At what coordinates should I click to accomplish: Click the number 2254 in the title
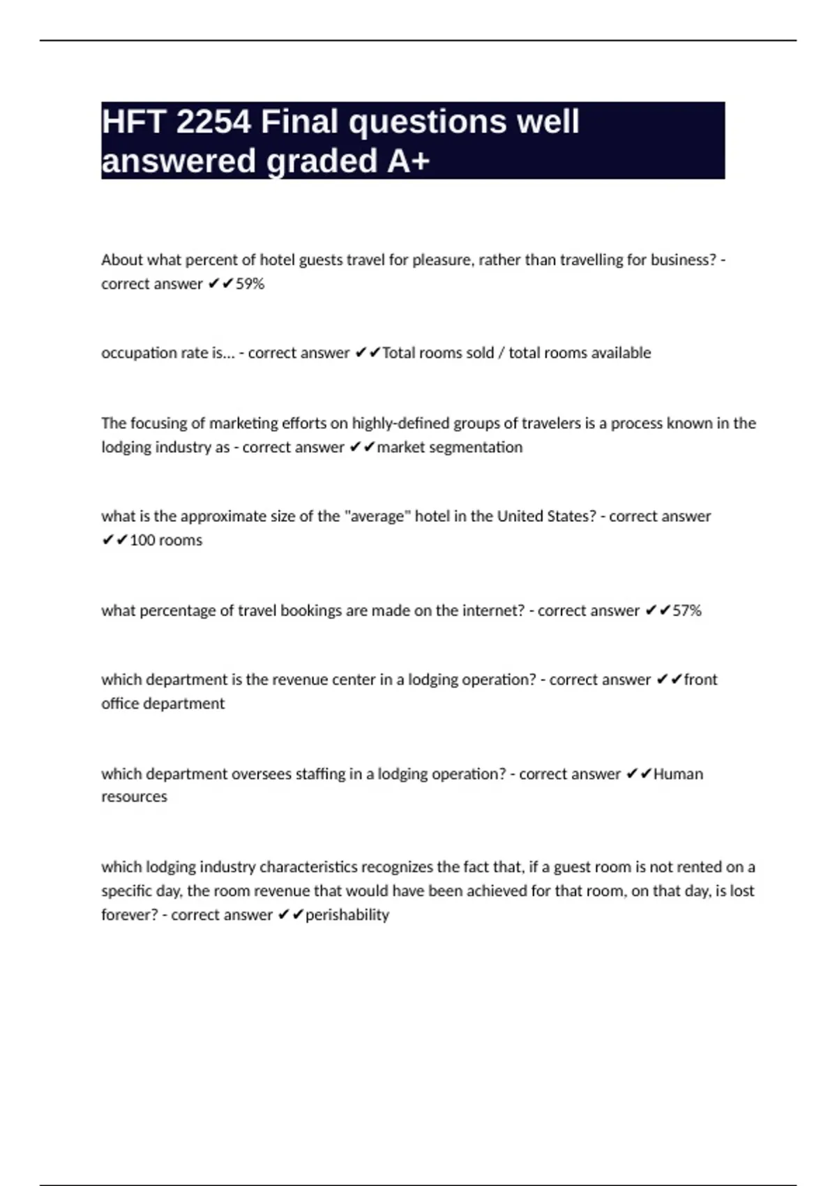pos(213,122)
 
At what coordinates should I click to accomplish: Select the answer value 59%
pos(250,284)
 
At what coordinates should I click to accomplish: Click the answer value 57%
pos(687,610)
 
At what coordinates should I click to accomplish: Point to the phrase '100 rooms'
pos(166,540)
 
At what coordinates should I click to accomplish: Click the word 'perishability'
pos(347,915)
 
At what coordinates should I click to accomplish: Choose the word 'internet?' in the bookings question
pos(492,610)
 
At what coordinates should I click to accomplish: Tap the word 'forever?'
pos(130,915)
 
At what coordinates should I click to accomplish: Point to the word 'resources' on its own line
pos(134,797)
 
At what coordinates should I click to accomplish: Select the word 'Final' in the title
pos(299,122)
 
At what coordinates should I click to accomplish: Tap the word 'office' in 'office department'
pos(120,703)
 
